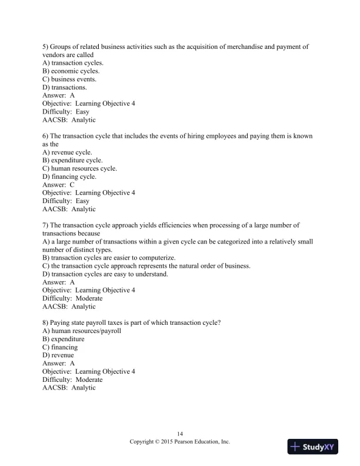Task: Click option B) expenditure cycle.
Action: [72, 160]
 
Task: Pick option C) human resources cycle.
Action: [79, 168]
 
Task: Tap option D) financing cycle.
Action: [69, 177]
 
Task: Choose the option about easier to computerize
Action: [109, 258]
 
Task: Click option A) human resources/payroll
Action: [82, 331]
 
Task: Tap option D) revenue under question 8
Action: [58, 355]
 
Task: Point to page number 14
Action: [180, 434]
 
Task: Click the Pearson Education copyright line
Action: [180, 441]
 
